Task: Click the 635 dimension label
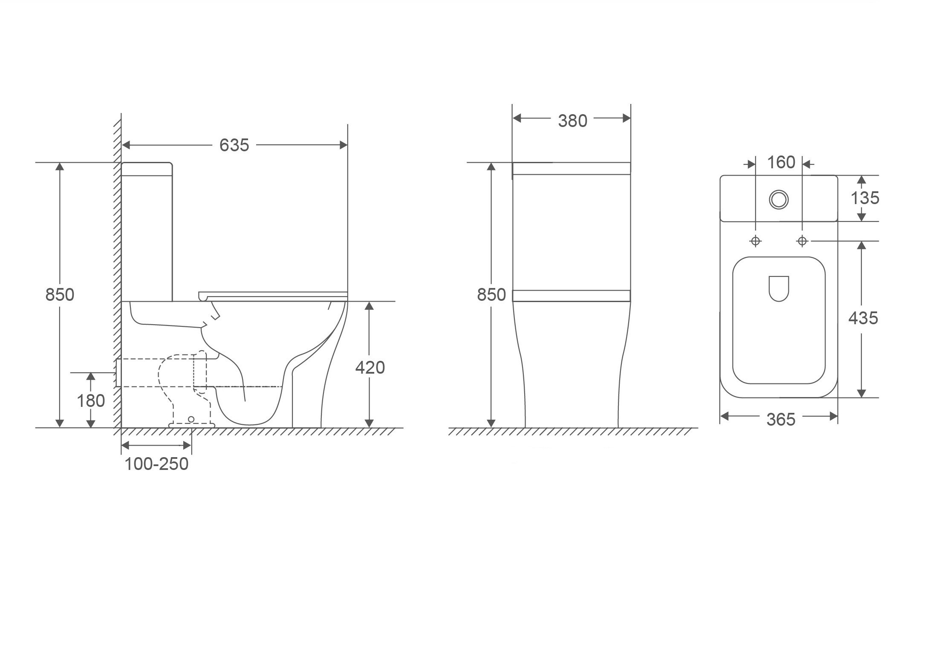(234, 145)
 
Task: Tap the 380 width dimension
(573, 121)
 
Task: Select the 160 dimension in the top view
(781, 162)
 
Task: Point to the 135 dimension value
(865, 198)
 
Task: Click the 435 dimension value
(863, 318)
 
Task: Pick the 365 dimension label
(781, 420)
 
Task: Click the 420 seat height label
(370, 367)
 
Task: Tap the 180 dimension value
(91, 400)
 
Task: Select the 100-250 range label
(156, 464)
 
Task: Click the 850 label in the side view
(60, 294)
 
